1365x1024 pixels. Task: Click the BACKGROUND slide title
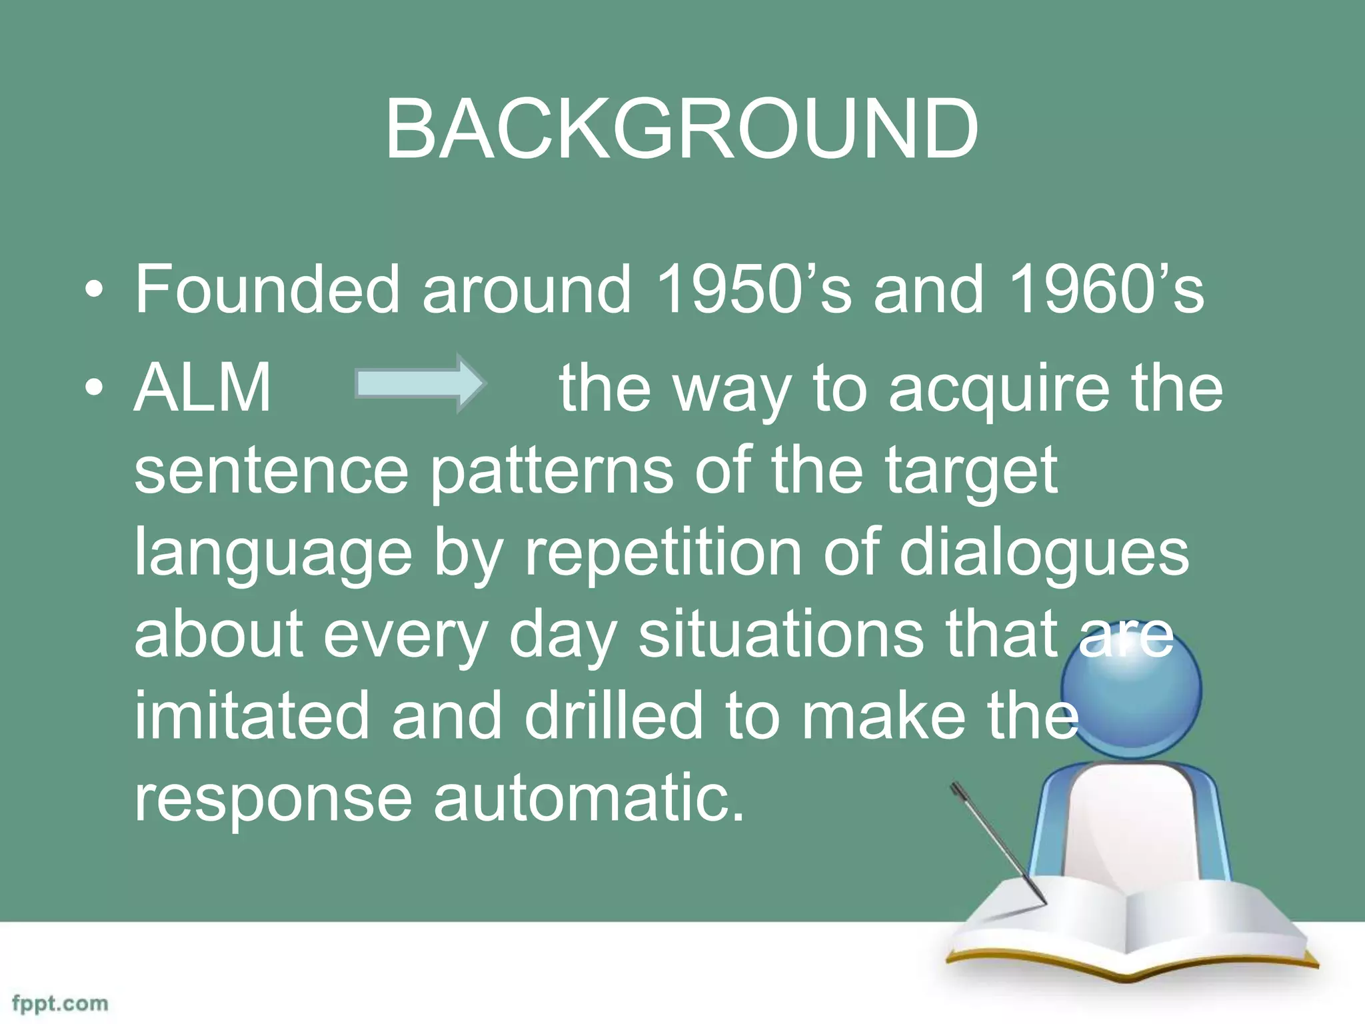coord(682,129)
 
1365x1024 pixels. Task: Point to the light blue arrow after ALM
coord(420,384)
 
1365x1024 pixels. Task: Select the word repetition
coord(663,553)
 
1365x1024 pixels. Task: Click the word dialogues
coord(1044,553)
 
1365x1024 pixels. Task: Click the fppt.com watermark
coord(60,1004)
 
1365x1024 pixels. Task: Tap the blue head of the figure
coord(1132,690)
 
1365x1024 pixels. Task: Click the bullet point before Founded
coord(95,291)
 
